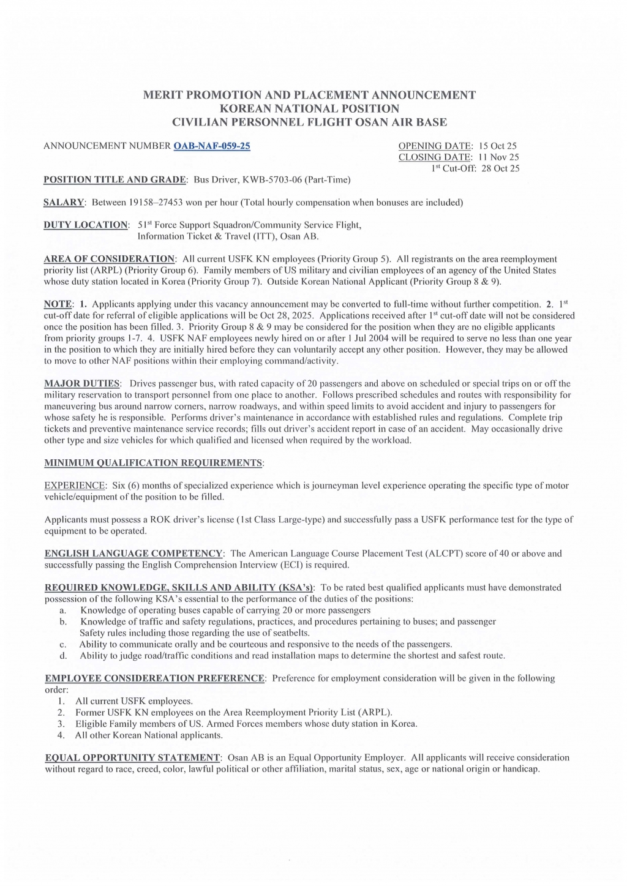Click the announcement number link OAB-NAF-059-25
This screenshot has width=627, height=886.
(x=212, y=146)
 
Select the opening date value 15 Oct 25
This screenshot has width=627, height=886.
(x=498, y=146)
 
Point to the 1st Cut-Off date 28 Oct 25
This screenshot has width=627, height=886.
(x=500, y=168)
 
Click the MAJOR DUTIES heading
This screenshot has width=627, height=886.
(x=82, y=383)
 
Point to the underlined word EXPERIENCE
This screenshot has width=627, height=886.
(x=75, y=486)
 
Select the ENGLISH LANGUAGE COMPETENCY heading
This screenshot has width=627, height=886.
(x=133, y=554)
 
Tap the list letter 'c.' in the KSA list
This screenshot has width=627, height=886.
(x=62, y=644)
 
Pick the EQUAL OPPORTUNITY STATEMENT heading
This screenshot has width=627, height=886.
(x=132, y=757)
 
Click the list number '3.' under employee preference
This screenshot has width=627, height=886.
(x=61, y=724)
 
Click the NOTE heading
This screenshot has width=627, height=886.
(x=58, y=304)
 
